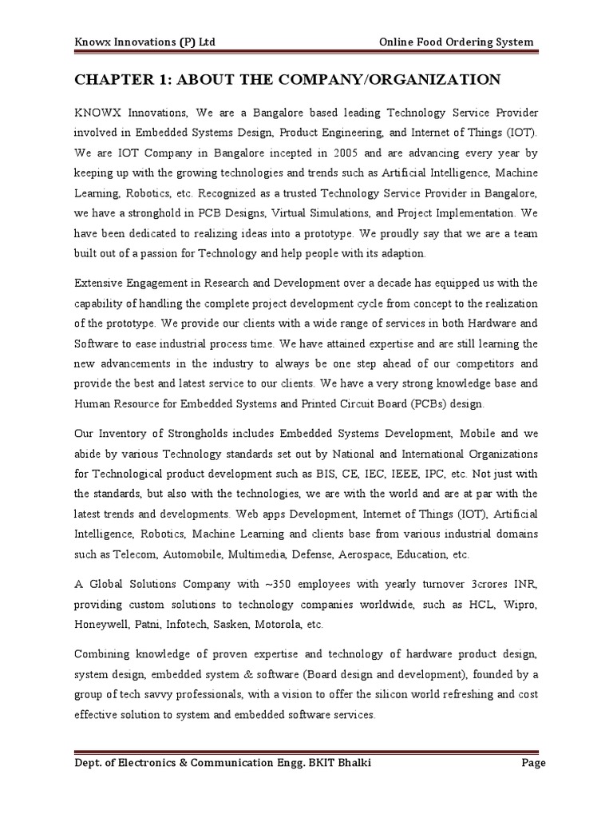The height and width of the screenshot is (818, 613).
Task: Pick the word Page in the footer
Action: tap(533, 764)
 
